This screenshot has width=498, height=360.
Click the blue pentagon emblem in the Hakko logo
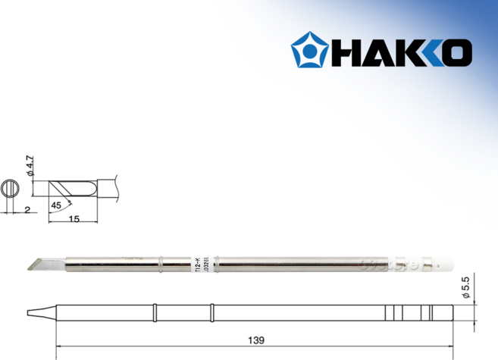click(x=311, y=50)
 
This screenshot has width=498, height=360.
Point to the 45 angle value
click(x=55, y=204)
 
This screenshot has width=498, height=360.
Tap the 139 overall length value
click(x=249, y=340)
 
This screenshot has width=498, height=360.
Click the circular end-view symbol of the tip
click(x=11, y=186)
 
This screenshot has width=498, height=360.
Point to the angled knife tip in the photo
click(x=38, y=262)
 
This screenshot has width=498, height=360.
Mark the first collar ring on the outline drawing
click(x=155, y=311)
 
